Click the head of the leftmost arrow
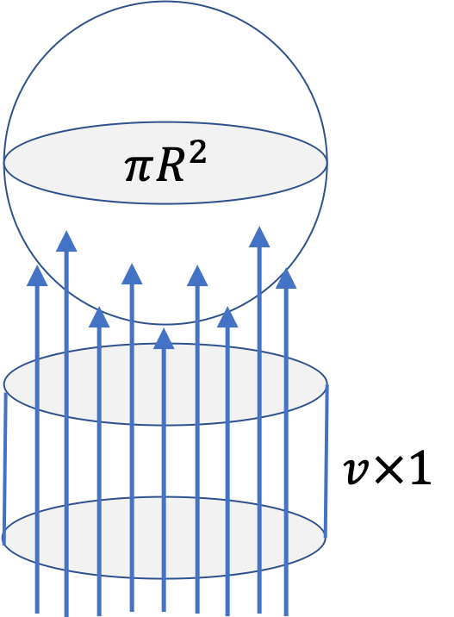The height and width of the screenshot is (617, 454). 37,276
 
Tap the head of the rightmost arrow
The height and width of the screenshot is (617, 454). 286,278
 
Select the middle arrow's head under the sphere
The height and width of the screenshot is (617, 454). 164,339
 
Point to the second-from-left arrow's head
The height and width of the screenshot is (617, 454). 66,241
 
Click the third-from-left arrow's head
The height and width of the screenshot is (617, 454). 99,317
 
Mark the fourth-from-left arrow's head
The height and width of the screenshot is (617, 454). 132,274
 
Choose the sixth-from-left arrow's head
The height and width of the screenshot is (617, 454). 197,276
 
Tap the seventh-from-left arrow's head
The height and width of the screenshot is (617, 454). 227,317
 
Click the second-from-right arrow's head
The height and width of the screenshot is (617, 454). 259,237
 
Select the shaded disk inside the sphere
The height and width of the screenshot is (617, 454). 165,185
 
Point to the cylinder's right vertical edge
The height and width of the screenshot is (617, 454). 327,460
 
